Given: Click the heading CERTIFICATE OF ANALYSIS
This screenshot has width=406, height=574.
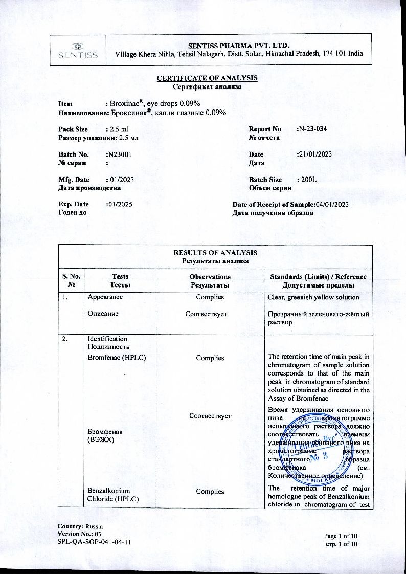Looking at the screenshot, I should pyautogui.click(x=207, y=78).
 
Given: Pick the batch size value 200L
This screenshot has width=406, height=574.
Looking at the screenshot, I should pyautogui.click(x=307, y=180).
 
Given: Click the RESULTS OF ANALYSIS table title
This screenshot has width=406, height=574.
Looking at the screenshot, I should pyautogui.click(x=215, y=253).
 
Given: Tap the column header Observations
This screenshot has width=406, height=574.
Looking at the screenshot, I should pyautogui.click(x=210, y=277).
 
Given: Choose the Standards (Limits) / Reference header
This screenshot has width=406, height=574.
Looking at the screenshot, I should pyautogui.click(x=318, y=277).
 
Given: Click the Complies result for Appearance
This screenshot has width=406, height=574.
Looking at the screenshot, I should pyautogui.click(x=210, y=297).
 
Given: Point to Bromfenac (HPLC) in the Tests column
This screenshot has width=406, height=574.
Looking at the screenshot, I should pyautogui.click(x=117, y=358).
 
